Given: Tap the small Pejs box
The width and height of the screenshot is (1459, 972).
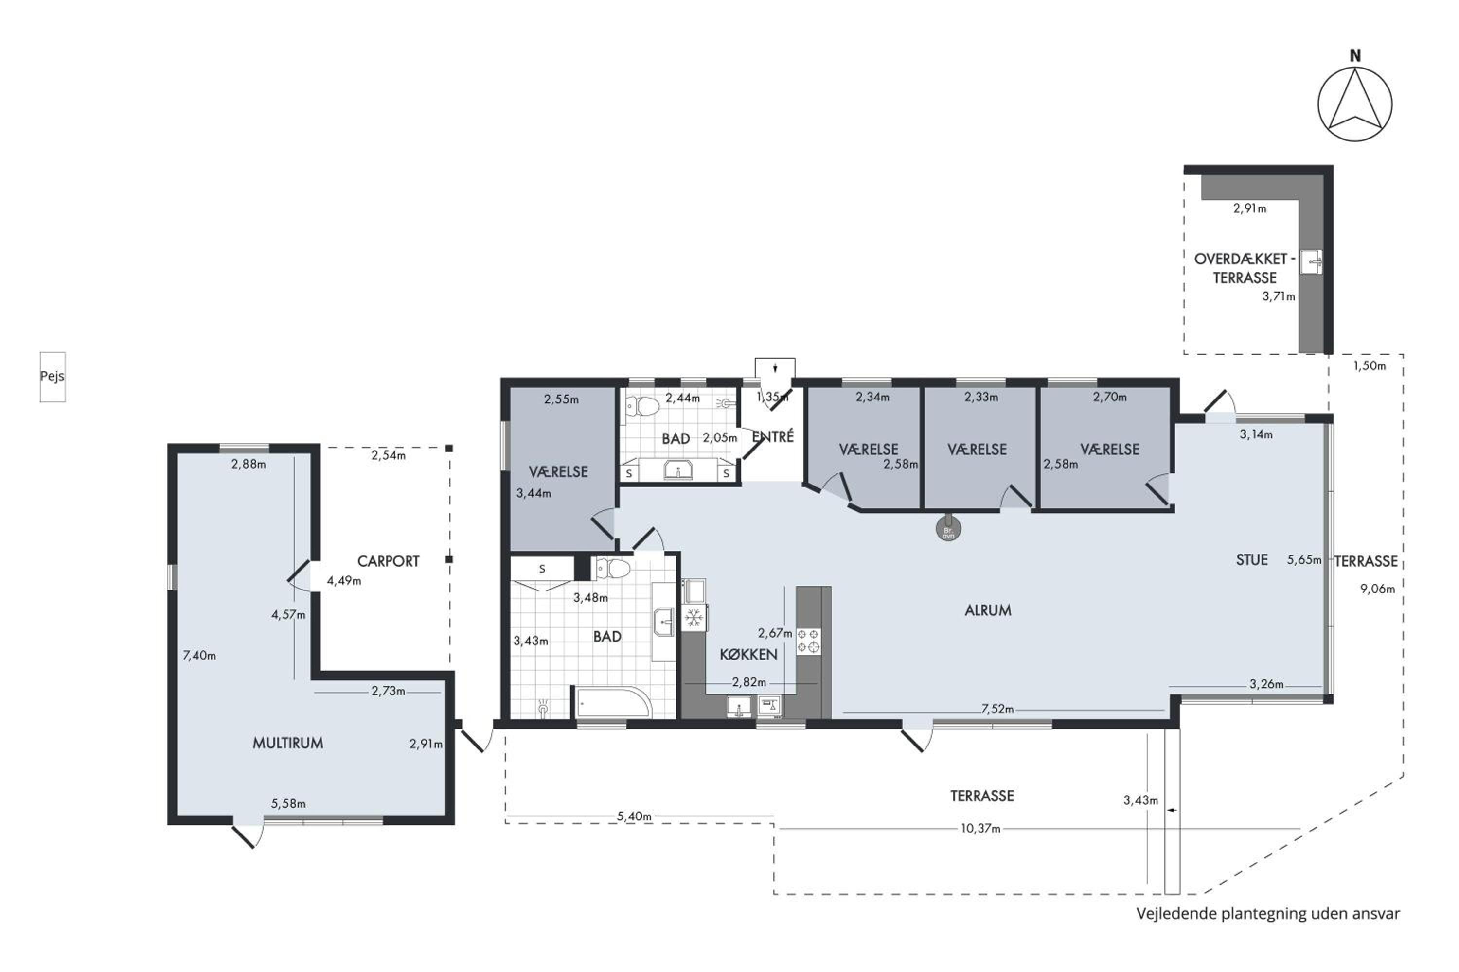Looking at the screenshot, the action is tap(53, 377).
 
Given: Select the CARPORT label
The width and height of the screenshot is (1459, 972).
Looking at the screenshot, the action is tap(388, 561).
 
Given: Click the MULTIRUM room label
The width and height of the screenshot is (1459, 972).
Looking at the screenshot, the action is tap(288, 743).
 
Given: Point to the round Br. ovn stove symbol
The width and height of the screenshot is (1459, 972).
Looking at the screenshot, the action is tap(948, 529).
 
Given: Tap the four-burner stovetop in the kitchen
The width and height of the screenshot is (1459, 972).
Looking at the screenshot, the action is tap(809, 642).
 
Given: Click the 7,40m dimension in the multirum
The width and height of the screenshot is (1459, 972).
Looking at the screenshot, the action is tap(199, 655).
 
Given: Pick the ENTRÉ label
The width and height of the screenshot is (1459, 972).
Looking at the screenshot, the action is tap(773, 437).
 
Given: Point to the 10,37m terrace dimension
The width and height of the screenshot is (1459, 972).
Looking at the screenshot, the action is tap(981, 828).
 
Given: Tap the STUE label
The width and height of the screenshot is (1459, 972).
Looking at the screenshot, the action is tap(1252, 560).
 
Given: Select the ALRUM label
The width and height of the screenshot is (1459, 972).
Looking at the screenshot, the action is tap(988, 610).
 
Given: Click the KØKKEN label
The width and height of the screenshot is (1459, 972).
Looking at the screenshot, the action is tap(749, 655).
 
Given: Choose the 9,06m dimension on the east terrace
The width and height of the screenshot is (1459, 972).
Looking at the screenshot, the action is tap(1377, 589).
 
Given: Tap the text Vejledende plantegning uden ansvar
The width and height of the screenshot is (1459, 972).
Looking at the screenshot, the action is tap(1268, 914).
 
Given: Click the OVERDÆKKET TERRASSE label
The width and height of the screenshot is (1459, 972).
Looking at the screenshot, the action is tap(1245, 268).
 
